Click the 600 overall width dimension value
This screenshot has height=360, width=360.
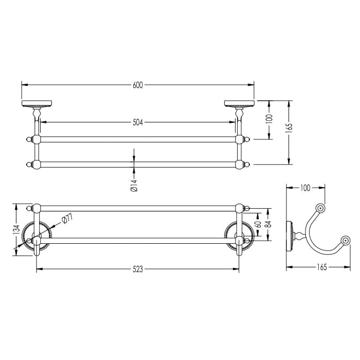coord(138,85)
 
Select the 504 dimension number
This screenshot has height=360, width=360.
coord(138,122)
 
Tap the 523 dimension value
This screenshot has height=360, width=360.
coord(138,269)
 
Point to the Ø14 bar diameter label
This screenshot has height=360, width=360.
coord(134,186)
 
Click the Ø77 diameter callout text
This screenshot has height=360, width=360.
coord(67,219)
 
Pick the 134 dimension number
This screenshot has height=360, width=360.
coord(16,229)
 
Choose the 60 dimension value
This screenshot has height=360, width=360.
coord(258,224)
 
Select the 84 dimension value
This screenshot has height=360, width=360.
coord(268,224)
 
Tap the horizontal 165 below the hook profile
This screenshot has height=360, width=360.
coord(321,267)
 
